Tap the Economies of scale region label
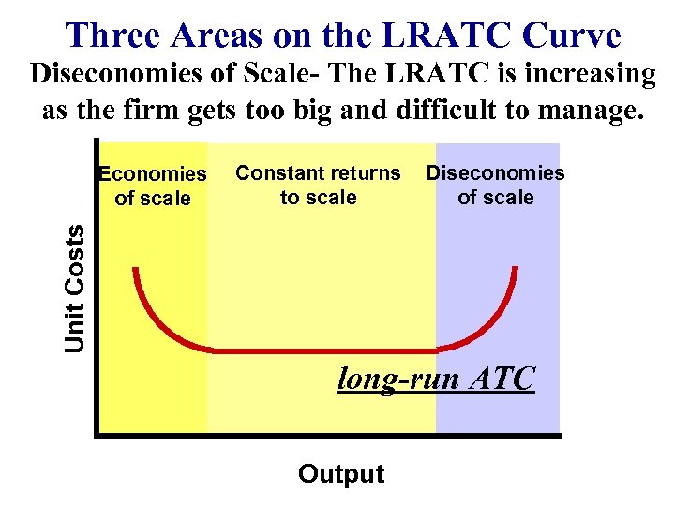[x=153, y=186]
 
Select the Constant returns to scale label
[x=318, y=185]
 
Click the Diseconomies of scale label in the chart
[x=495, y=185]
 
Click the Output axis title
[x=341, y=474]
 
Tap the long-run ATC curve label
[x=436, y=379]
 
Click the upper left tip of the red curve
[x=137, y=270]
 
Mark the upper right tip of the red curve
[x=516, y=270]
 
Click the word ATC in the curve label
[x=503, y=379]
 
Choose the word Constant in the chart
[x=277, y=173]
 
